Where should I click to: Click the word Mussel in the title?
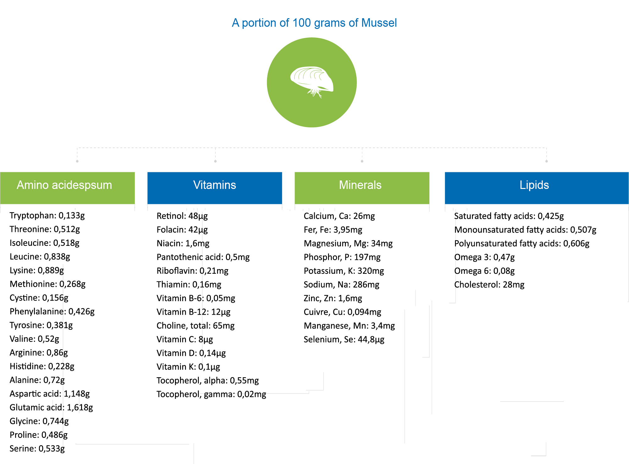point(379,23)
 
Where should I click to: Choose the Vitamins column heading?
point(215,185)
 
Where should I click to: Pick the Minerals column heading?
point(360,185)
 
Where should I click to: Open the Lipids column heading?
point(534,185)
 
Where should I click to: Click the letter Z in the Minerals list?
point(305,298)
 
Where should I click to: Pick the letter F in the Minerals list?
point(305,230)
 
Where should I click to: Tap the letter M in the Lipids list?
point(456,230)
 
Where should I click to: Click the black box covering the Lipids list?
point(525,251)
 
